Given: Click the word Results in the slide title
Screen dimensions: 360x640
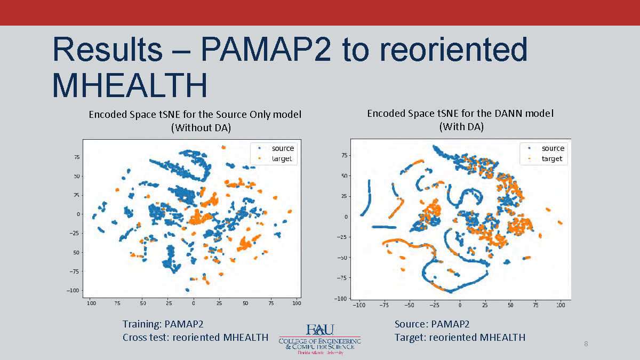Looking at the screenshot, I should pos(107,50).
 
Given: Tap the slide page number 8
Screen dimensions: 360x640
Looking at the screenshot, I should pos(586,343).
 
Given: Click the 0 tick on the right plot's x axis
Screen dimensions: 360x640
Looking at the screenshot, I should pos(460,305).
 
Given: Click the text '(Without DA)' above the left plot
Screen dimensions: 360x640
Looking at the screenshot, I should pos(195,127).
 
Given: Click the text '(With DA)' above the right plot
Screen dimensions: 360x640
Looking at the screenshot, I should pos(461,127).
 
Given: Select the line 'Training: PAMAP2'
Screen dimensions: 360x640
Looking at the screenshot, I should pos(163,324).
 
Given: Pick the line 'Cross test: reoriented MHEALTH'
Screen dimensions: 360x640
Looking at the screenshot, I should pos(195,337).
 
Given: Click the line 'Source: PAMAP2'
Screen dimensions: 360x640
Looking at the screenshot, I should pos(432,324).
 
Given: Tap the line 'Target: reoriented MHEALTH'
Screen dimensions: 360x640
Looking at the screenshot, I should pos(460,337).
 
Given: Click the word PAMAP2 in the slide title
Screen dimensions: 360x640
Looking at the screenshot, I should pos(266,50).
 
